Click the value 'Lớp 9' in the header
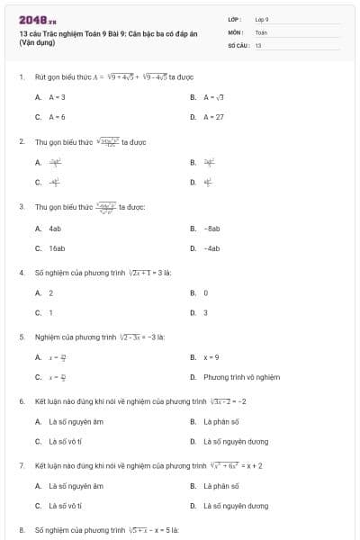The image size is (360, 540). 262,18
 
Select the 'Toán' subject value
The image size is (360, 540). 261,31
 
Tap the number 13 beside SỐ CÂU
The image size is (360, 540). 257,44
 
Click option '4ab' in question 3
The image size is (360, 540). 55,229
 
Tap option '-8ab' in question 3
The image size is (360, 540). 212,229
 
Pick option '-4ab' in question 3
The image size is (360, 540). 212,248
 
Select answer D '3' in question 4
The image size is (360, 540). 205,312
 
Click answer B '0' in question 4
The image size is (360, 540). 205,292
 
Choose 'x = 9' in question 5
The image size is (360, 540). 212,357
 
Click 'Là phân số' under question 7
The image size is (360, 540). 220,486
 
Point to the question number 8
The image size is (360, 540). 22,531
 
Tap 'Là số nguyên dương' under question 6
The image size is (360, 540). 236,442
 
